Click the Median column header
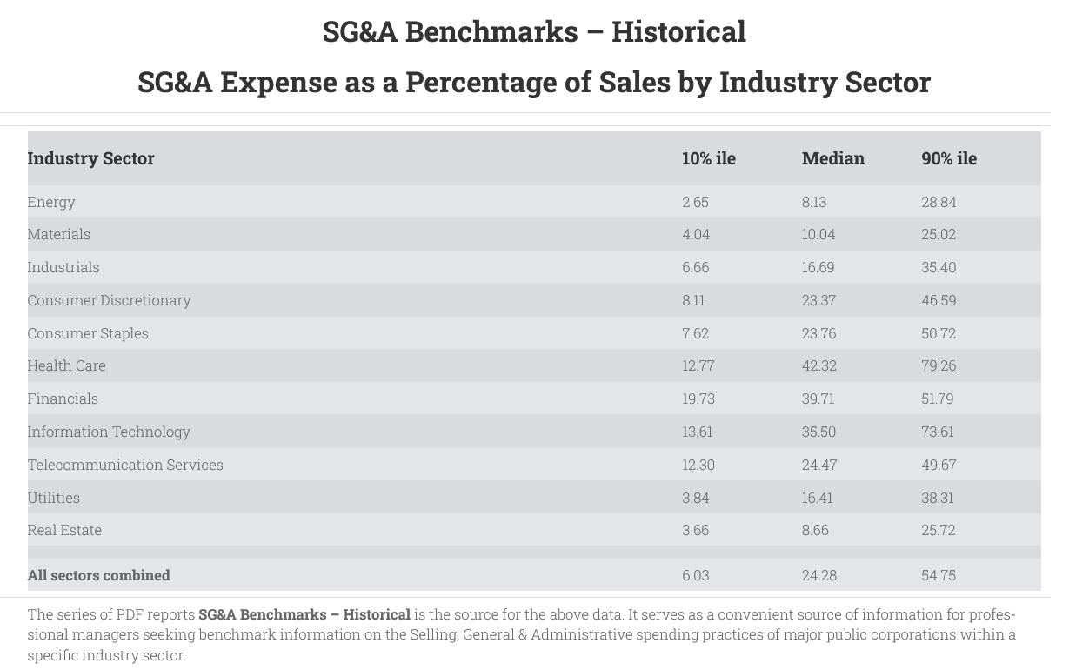(832, 158)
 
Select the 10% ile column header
(708, 158)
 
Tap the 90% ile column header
(949, 158)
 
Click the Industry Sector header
(90, 158)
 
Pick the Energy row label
(51, 202)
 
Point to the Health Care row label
(66, 365)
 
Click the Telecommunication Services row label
(125, 465)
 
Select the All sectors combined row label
(98, 575)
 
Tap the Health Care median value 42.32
(818, 365)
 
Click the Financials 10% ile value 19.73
(698, 399)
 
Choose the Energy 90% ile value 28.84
(939, 202)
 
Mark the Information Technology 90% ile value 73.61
(938, 432)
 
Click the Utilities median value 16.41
(817, 498)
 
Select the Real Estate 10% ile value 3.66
(695, 530)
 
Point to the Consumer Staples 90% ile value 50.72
(939, 333)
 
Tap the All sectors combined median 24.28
(818, 575)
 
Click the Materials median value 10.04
(818, 234)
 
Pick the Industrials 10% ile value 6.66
(695, 267)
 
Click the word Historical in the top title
(678, 32)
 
